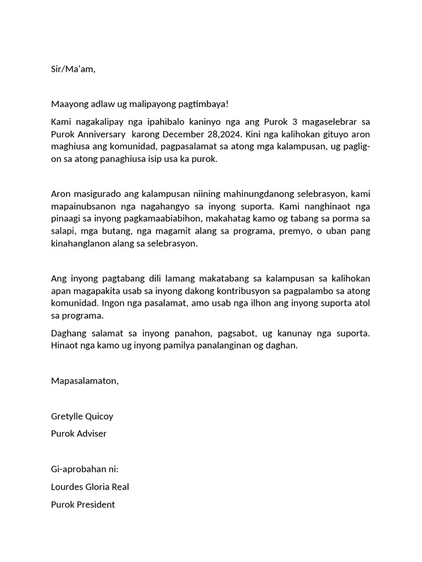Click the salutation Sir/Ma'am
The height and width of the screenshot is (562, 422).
point(73,69)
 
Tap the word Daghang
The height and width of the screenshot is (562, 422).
point(69,334)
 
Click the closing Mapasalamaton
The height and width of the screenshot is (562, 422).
point(85,381)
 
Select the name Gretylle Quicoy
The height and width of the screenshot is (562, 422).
point(82,416)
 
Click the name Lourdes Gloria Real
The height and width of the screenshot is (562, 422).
point(90,487)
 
